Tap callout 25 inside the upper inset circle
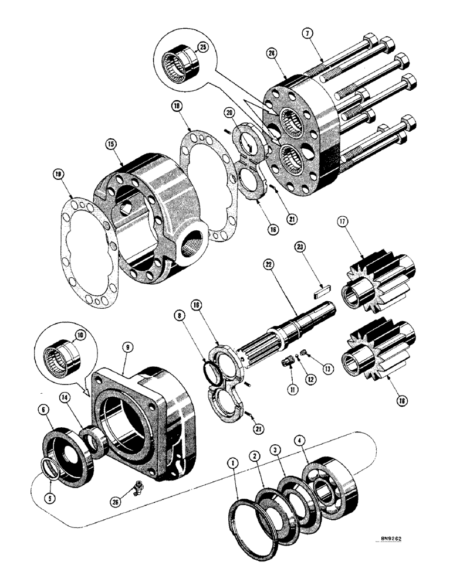click(x=202, y=47)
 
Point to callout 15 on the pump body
click(x=111, y=143)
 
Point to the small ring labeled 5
click(x=51, y=469)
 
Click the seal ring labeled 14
click(x=92, y=439)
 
